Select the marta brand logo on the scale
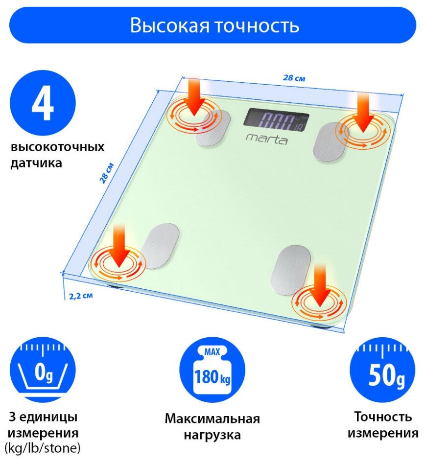267,139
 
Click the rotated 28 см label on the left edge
107,172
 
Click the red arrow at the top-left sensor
194,95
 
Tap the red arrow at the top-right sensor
364,112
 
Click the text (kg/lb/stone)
43,447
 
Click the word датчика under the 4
36,163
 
